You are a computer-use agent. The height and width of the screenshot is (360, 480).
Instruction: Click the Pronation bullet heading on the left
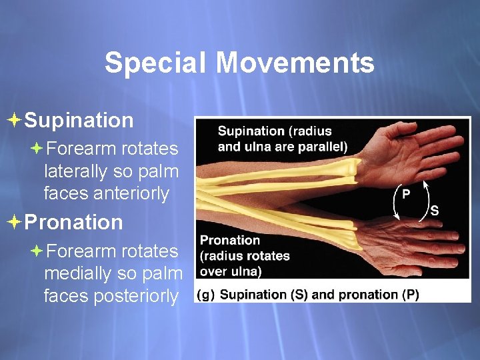point(73,222)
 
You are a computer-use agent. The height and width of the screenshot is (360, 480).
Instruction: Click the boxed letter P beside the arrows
point(406,194)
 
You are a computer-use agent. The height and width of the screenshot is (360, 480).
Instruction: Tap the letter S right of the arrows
point(435,211)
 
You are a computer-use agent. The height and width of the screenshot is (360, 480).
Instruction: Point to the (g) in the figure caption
point(205,294)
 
